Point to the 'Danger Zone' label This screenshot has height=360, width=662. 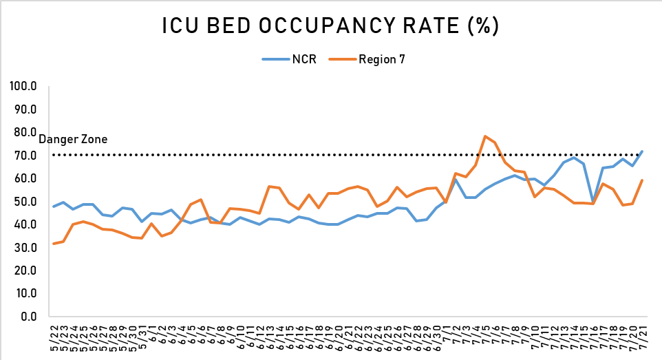click(x=73, y=140)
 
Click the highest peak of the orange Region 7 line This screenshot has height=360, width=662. click(x=485, y=136)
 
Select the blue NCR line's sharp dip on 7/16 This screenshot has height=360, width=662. click(x=593, y=202)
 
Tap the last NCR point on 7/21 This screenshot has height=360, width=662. click(x=642, y=151)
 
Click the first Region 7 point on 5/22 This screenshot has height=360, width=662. click(x=54, y=244)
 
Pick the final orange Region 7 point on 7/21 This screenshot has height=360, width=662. click(x=642, y=180)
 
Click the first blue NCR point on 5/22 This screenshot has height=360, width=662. click(x=54, y=207)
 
